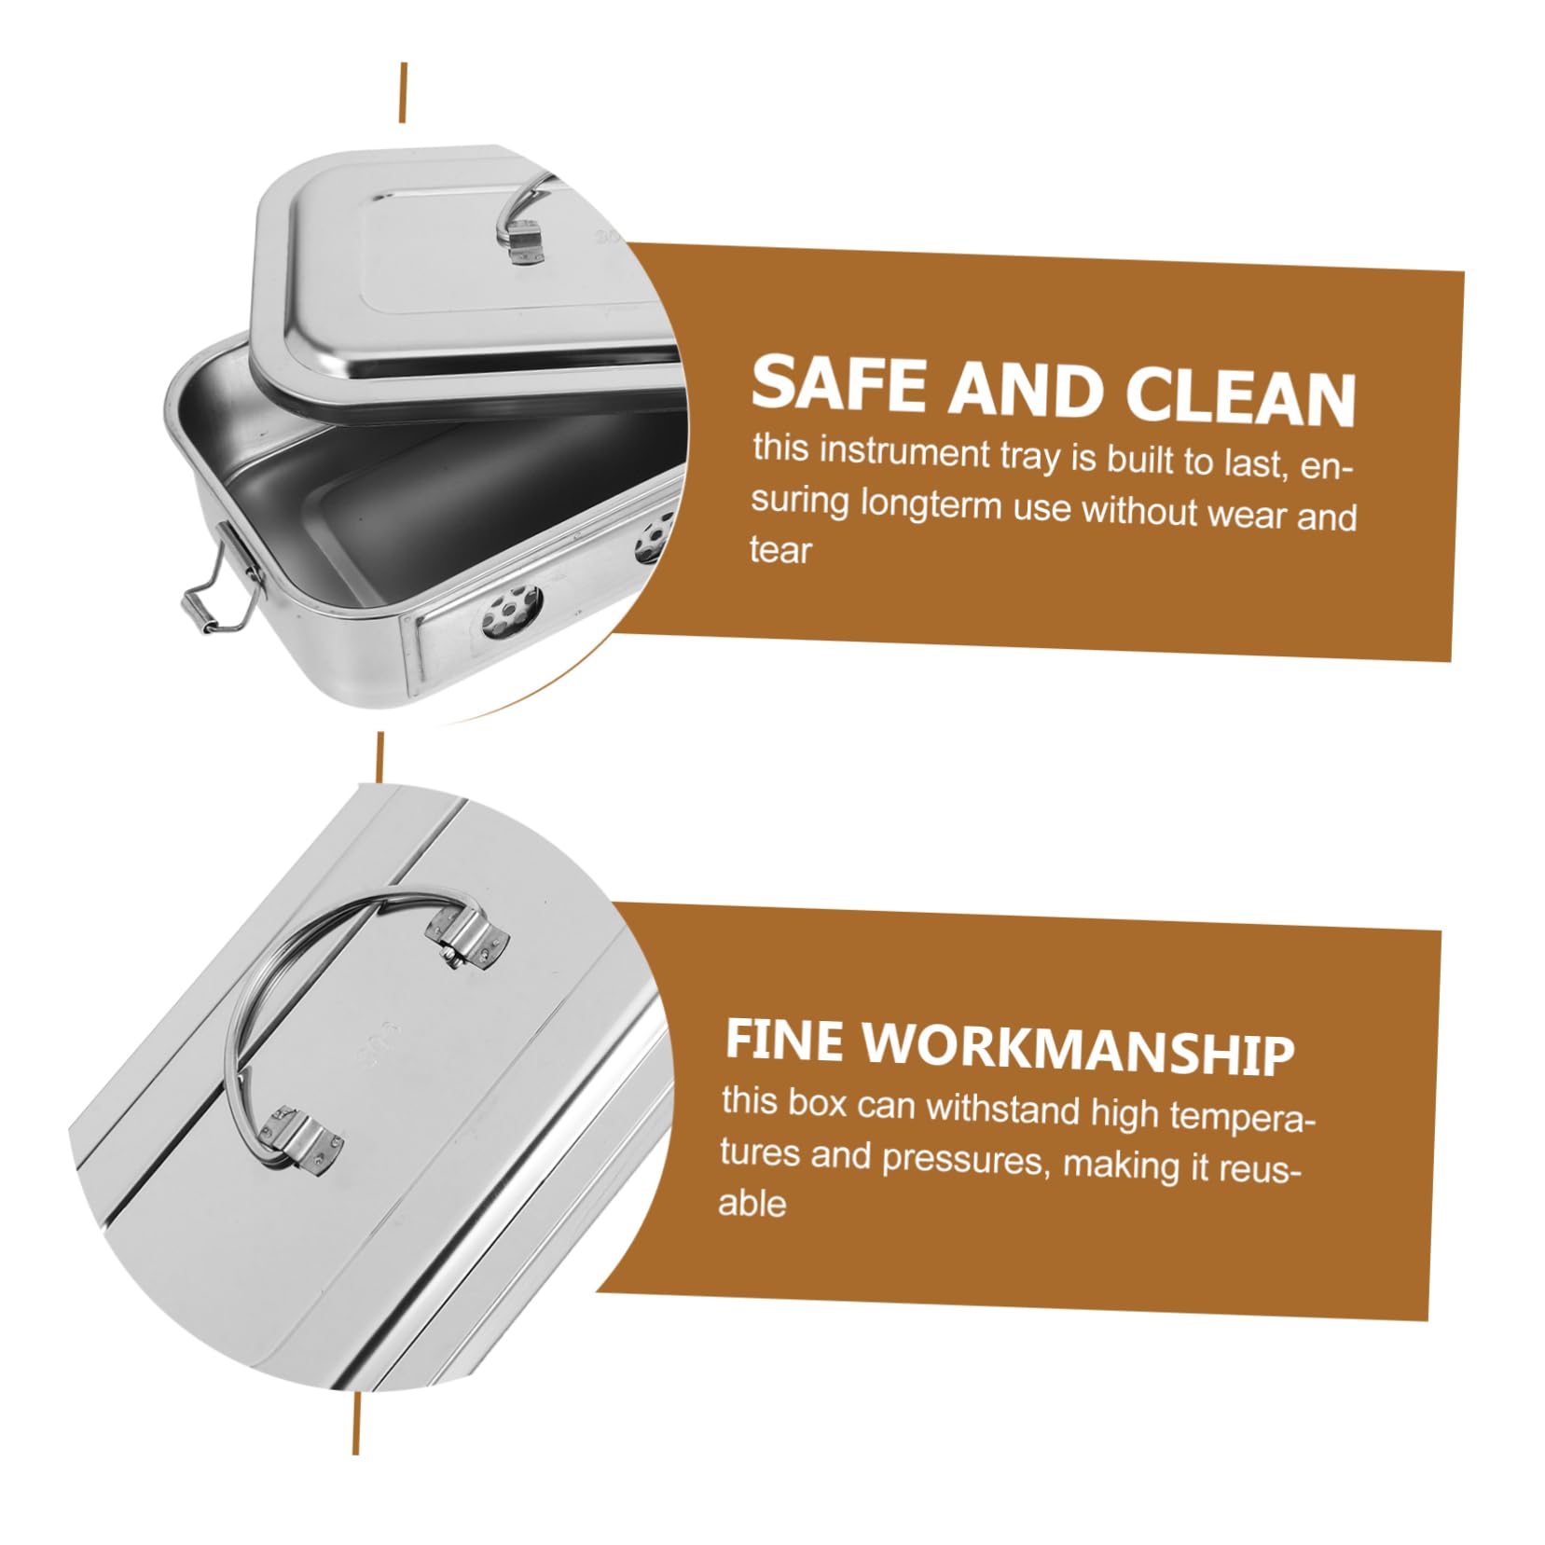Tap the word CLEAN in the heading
(1240, 396)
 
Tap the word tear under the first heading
(780, 550)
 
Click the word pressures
(961, 1159)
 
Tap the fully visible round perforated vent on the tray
(509, 613)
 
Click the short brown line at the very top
(403, 92)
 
